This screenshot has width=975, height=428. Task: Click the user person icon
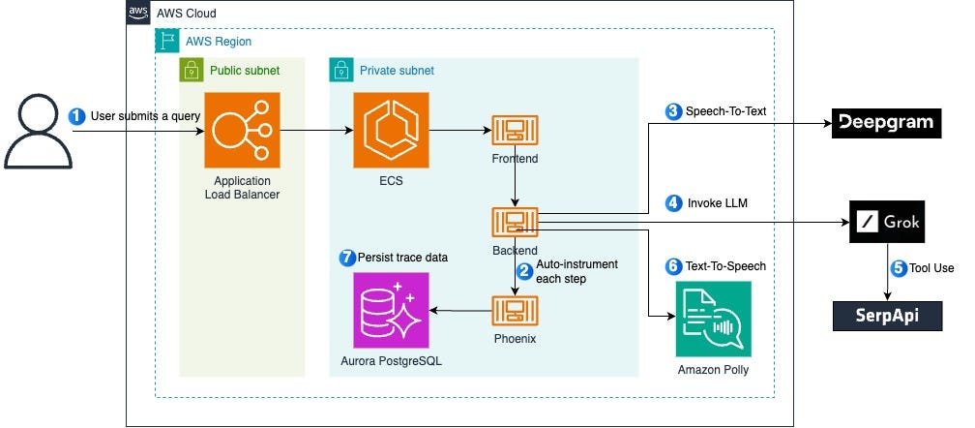[38, 134]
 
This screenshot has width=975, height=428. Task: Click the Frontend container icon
[514, 132]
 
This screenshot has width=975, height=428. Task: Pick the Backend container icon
[514, 220]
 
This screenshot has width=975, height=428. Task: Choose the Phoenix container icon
[514, 310]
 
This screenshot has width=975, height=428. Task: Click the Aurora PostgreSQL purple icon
[391, 310]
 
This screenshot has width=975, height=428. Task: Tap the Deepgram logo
[887, 122]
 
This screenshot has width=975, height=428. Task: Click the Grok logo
[887, 223]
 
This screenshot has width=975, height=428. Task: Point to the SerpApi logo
[887, 316]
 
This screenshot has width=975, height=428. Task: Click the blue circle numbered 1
[77, 115]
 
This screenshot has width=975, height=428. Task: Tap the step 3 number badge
[673, 111]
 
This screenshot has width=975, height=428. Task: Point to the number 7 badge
[347, 258]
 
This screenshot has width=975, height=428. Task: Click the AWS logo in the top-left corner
[138, 13]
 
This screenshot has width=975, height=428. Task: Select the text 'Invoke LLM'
[719, 203]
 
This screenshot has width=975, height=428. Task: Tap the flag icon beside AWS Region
[167, 42]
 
